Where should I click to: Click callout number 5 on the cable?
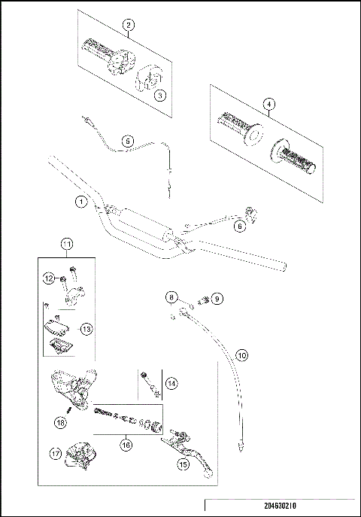[x=127, y=140]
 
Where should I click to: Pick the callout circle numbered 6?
[x=240, y=224]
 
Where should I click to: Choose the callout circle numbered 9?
[x=217, y=299]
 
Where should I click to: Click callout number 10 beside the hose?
[x=241, y=354]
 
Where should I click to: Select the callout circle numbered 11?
[x=67, y=244]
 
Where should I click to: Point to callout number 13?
[x=86, y=328]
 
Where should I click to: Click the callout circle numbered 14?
[x=171, y=384]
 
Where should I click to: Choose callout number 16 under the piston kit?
[x=126, y=446]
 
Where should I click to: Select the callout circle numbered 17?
[x=55, y=453]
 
